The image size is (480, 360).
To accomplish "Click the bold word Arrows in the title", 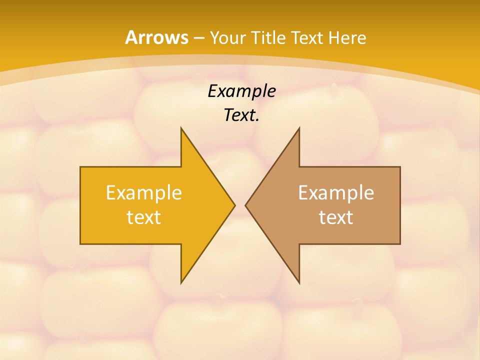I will [x=156, y=37].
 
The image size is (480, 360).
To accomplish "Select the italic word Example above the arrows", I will [x=241, y=91].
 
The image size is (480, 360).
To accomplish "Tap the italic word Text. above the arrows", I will [x=241, y=115].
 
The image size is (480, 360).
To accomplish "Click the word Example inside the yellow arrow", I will [x=144, y=192].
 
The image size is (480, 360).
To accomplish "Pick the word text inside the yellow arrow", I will [x=144, y=217].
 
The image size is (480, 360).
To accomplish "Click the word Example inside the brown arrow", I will [x=336, y=192].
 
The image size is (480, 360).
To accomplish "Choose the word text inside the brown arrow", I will [x=336, y=217].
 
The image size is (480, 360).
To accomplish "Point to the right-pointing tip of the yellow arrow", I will [x=234, y=205].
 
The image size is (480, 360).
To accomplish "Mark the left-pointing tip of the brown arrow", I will [x=245, y=205].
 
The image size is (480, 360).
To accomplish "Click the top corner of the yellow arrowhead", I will [x=181, y=128].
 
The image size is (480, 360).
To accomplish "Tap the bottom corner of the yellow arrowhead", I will [x=181, y=283].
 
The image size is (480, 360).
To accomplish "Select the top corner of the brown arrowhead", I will [x=299, y=128].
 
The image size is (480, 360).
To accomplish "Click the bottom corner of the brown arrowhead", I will [x=299, y=283].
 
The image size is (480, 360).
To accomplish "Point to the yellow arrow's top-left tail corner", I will [x=80, y=167].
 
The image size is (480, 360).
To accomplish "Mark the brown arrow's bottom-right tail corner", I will [x=400, y=244].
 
